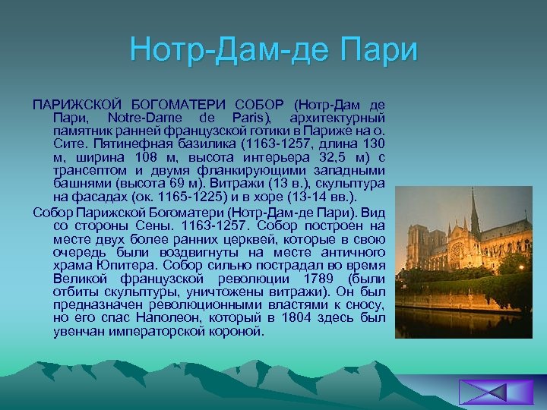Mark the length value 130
372,143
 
